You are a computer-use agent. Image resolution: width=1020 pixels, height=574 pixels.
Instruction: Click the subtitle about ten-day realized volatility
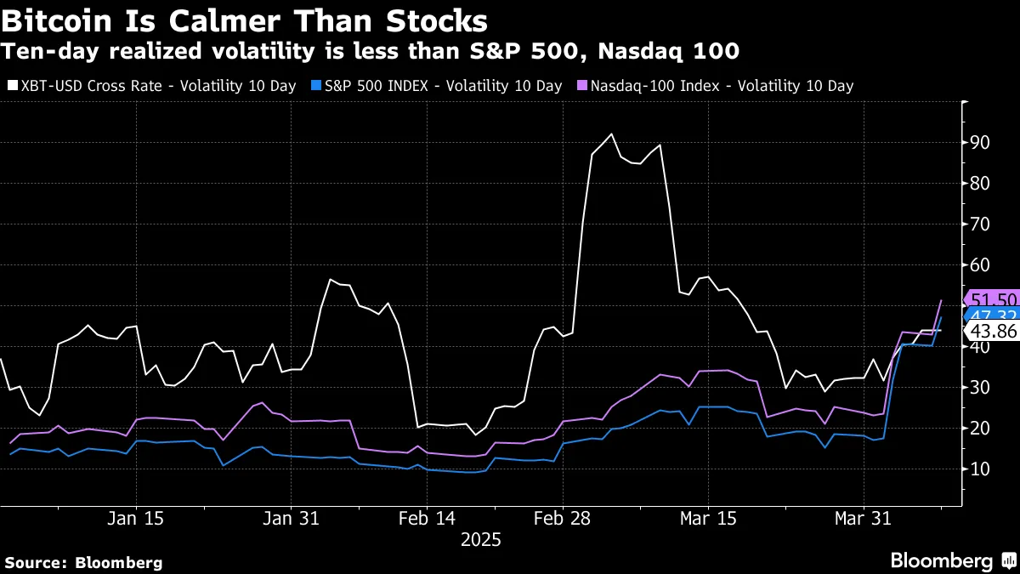370,52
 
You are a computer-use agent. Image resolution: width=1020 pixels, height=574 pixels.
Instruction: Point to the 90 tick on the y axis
979,143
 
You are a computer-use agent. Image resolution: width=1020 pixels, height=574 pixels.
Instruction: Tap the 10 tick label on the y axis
979,469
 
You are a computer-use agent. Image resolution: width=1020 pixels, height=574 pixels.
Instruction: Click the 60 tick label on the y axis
979,265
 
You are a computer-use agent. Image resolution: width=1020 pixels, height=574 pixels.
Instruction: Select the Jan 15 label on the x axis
135,518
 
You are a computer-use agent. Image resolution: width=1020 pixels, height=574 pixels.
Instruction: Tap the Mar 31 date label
862,518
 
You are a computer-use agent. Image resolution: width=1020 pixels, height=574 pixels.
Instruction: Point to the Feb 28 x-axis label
562,518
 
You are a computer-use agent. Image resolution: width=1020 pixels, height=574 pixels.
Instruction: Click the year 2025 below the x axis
481,540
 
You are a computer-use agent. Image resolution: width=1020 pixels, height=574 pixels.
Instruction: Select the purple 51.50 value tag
993,298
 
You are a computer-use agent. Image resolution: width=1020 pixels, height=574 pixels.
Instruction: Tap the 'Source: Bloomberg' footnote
83,562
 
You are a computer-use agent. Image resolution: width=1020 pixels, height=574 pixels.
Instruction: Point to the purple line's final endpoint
941,300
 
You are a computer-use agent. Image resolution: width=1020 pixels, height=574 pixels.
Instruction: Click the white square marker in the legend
11,86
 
